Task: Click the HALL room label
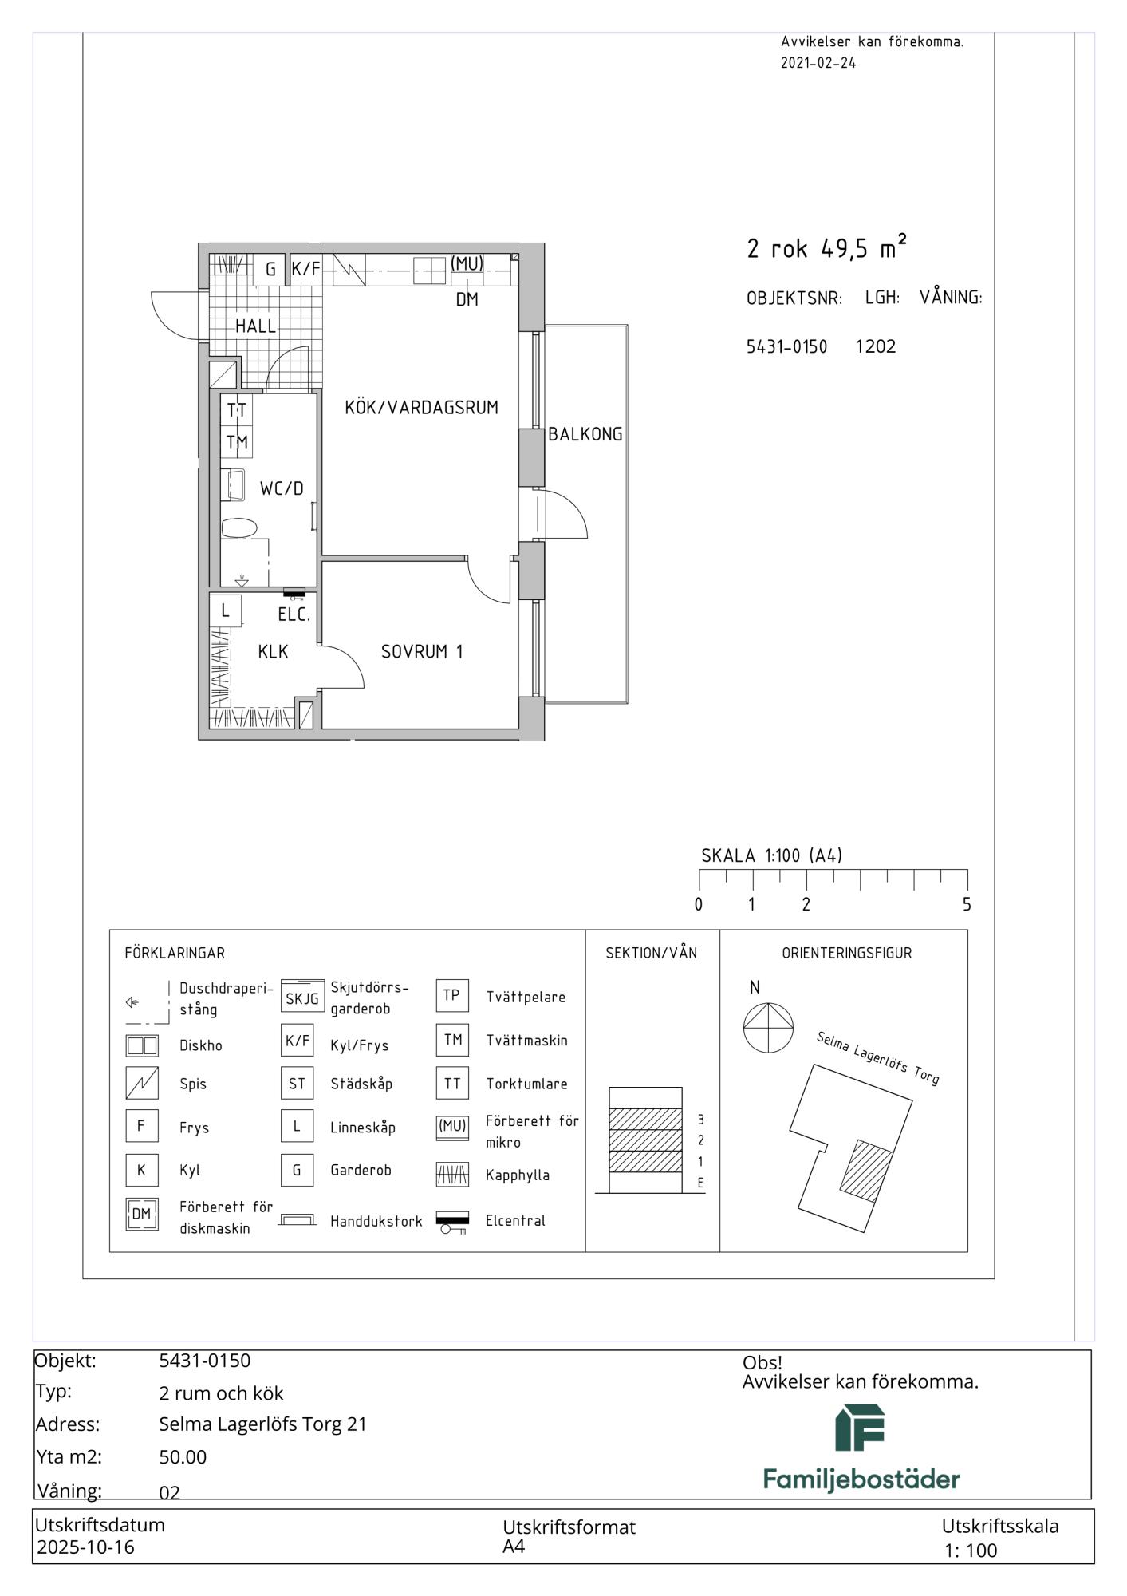255,326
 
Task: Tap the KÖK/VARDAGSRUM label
421,408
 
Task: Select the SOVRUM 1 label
422,652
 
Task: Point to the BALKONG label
585,435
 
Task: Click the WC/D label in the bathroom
282,489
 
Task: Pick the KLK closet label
273,652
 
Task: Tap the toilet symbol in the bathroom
239,527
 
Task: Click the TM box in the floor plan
237,442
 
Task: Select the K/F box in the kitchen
305,269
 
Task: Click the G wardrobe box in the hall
270,269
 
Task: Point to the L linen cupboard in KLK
226,610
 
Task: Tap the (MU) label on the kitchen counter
467,263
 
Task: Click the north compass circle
769,1027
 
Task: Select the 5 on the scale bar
967,905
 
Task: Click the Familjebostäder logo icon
861,1428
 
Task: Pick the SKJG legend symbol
302,996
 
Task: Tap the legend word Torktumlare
526,1084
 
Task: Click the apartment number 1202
876,346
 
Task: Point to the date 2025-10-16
86,1547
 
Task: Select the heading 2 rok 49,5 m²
826,247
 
